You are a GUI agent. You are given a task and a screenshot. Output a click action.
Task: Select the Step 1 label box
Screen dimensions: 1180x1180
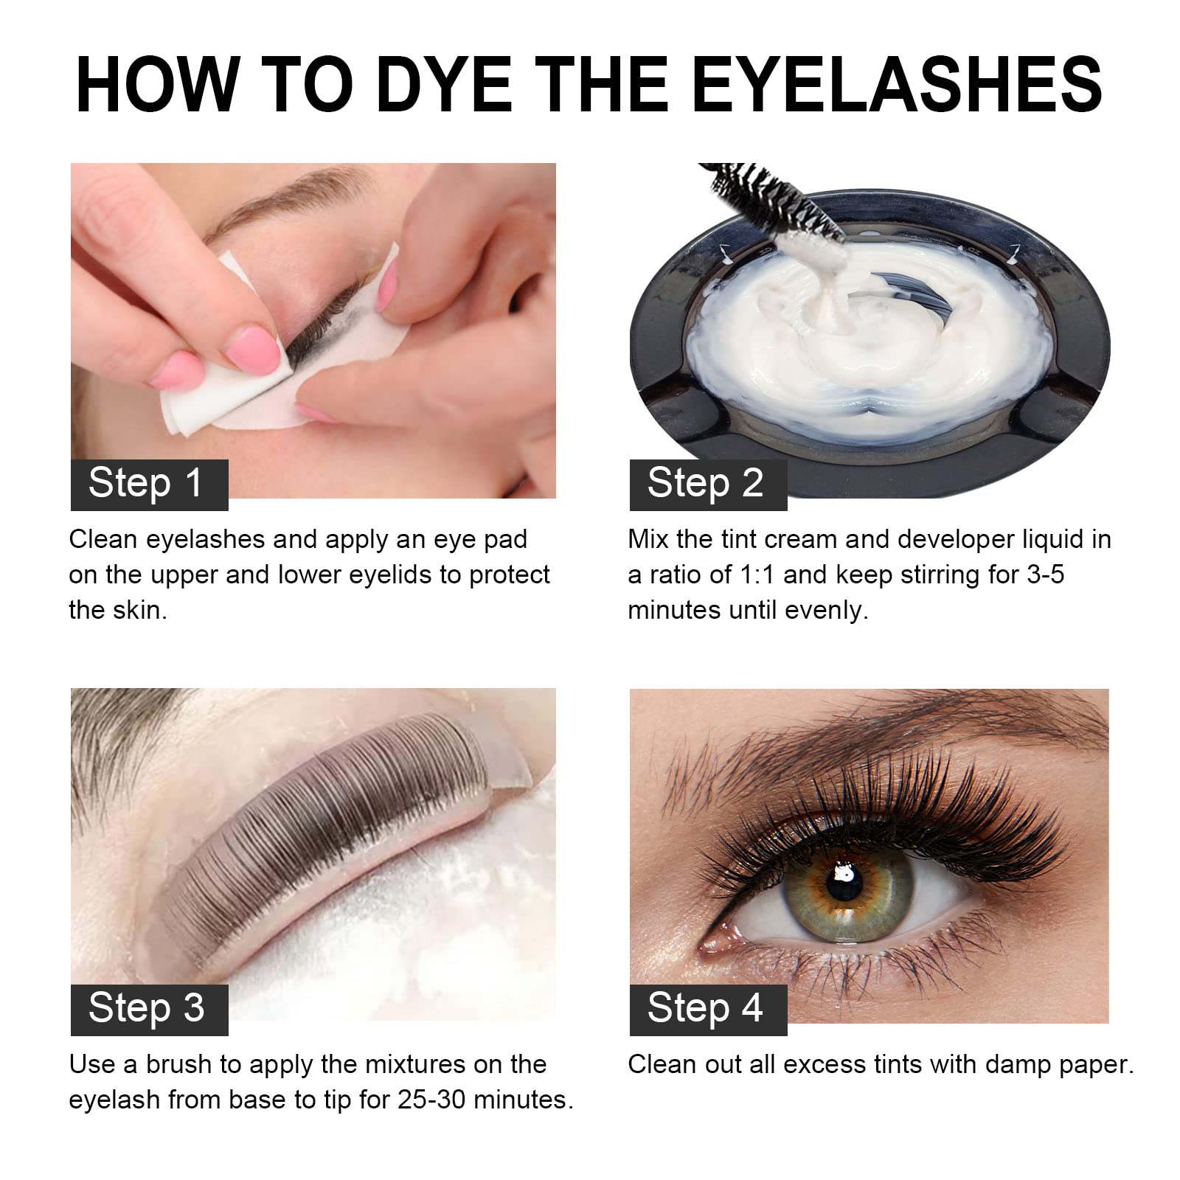(149, 485)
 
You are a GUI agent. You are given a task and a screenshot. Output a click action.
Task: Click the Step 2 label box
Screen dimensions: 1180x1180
(708, 485)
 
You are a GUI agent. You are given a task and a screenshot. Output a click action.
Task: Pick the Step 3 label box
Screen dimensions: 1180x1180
(149, 1009)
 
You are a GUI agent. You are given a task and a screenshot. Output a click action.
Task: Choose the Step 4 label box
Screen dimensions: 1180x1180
(708, 1009)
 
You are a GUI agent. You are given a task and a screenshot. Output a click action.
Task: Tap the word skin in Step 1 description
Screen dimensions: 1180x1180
(138, 611)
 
